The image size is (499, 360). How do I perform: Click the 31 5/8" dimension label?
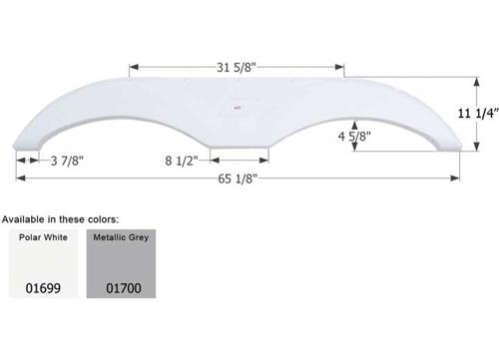238,69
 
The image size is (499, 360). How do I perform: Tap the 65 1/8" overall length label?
238,180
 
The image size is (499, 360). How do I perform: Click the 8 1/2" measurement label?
181,159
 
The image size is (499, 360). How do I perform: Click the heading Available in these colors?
62,217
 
